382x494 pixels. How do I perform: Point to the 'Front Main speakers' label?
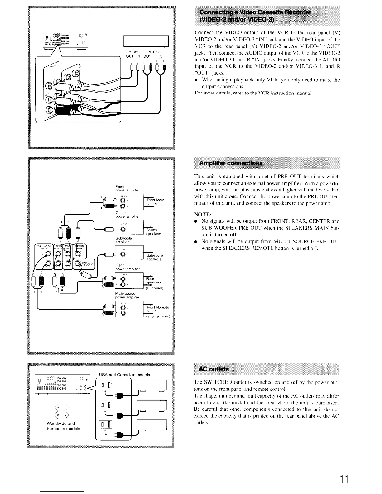(x=155, y=202)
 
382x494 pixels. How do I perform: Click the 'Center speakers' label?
(x=153, y=232)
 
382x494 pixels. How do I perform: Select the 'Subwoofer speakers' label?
(x=155, y=257)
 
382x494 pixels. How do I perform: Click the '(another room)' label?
(x=158, y=316)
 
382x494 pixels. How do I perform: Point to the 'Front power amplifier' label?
(x=127, y=188)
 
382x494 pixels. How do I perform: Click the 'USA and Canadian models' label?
(x=124, y=375)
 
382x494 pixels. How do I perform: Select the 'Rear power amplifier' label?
(x=127, y=267)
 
